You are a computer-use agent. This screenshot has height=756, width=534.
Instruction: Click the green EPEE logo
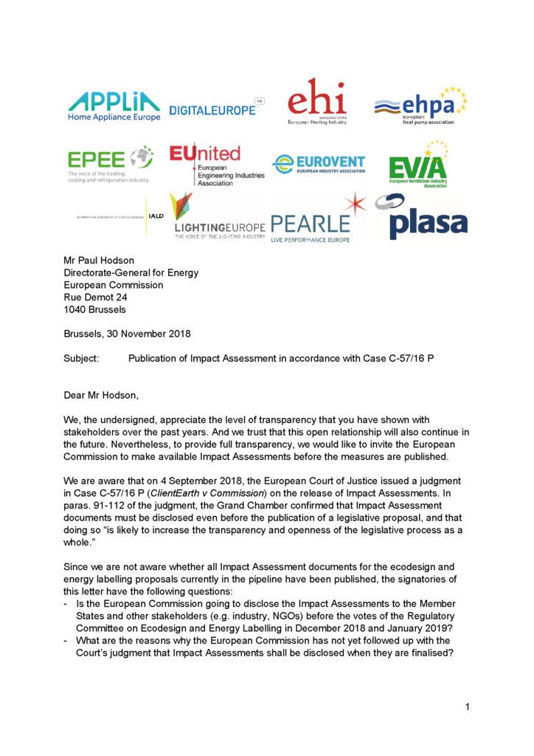pos(109,164)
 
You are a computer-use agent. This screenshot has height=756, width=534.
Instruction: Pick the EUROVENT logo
pos(319,163)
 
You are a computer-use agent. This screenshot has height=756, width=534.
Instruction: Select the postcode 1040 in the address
pos(75,309)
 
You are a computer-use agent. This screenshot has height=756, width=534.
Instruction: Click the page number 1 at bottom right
pos(468,707)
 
